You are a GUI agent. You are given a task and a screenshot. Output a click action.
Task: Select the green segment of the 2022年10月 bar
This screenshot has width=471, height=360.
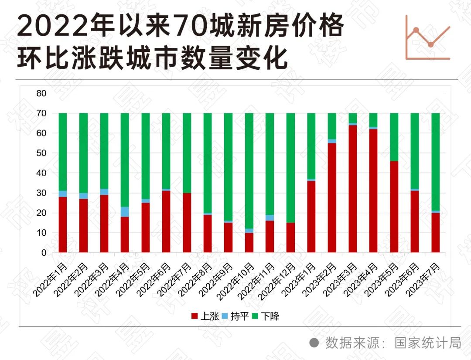click(x=249, y=170)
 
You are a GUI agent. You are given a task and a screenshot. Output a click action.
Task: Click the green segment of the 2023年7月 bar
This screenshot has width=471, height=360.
click(x=436, y=162)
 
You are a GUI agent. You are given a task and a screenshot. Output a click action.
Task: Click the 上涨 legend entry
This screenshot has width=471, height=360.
click(x=205, y=316)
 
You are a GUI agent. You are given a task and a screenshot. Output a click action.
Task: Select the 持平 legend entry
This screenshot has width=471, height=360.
click(x=235, y=316)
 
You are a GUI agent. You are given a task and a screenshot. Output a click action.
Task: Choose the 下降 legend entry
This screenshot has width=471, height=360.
click(x=266, y=316)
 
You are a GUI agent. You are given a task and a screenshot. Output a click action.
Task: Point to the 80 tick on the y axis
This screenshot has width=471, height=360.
click(x=41, y=93)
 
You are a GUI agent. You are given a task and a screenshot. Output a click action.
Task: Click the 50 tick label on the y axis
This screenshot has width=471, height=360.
click(x=41, y=153)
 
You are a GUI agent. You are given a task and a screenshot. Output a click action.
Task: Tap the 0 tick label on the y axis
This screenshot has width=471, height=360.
click(x=44, y=253)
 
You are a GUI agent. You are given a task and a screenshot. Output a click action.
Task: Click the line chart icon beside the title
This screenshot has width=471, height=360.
click(x=427, y=37)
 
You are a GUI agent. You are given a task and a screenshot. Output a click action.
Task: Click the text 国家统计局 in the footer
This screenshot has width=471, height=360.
click(x=428, y=343)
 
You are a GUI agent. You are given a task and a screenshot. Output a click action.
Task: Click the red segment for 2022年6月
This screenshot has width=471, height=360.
click(x=166, y=221)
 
